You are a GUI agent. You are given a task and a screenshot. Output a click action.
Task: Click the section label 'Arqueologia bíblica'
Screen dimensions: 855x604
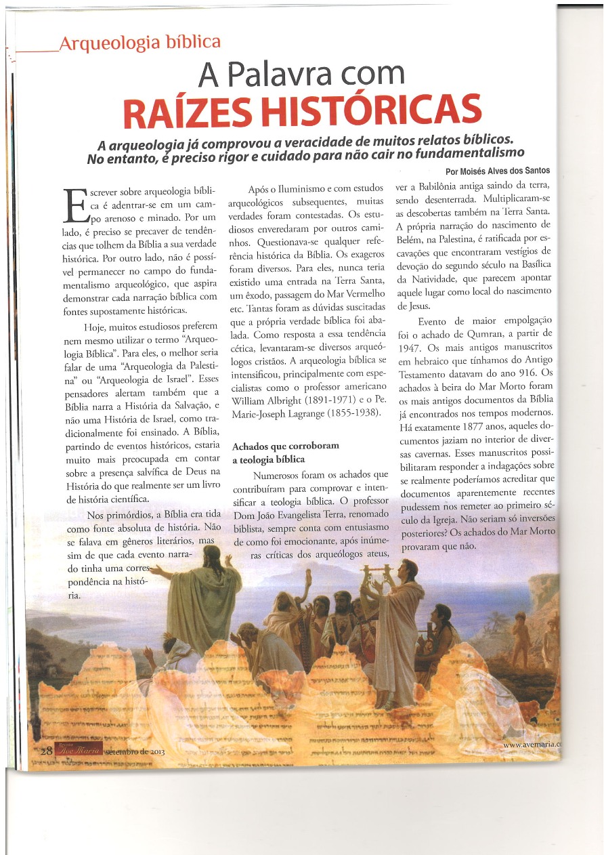[x=140, y=43]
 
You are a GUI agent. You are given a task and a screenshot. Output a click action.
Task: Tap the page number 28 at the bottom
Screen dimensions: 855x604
[x=46, y=751]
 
